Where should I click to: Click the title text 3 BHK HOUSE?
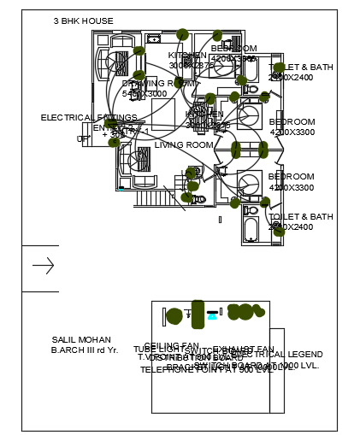(83, 21)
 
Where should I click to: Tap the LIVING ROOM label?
(184, 145)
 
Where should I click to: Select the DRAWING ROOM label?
(159, 84)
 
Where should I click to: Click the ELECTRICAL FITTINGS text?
(89, 118)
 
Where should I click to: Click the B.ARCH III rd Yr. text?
(85, 350)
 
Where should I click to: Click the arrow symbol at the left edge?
(43, 267)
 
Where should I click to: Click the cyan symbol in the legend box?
(212, 315)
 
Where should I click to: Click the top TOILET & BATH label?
(301, 67)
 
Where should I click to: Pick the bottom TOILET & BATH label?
(301, 217)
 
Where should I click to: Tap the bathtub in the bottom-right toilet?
(251, 230)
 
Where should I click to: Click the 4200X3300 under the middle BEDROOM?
(292, 132)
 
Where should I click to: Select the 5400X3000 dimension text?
(145, 94)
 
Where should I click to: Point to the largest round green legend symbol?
(174, 316)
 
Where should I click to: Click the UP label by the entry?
(82, 138)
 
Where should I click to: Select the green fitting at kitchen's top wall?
(182, 34)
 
